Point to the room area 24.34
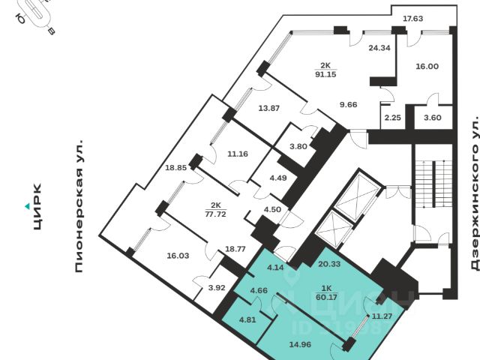pyautogui.click(x=379, y=46)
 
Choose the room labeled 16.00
pyautogui.click(x=426, y=66)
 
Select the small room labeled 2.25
pyautogui.click(x=391, y=117)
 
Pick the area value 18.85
pyautogui.click(x=175, y=169)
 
